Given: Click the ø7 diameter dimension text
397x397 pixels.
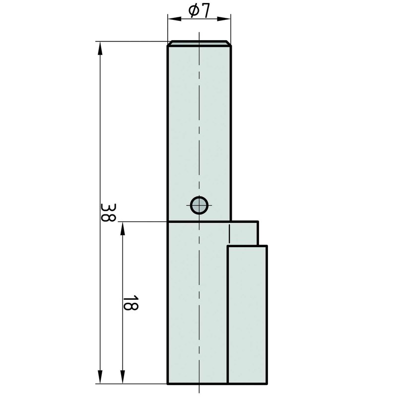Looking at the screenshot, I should pos(199,10).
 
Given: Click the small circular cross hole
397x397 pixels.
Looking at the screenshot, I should pos(199,205).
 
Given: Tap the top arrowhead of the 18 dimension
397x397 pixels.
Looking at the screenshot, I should pos(122,226).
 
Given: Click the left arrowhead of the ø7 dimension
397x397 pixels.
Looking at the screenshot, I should pos(171,19).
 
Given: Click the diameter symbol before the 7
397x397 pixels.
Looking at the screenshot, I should pos(194,10).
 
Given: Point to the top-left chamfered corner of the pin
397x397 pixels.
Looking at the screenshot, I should pos(169,44).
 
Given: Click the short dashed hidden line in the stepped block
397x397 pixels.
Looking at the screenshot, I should pos(229,233).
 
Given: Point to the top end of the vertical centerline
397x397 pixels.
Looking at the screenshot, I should pos(198,33).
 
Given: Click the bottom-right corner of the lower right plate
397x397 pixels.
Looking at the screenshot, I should pos(266,384).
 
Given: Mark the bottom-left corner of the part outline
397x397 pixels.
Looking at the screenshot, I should pos(168,384).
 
